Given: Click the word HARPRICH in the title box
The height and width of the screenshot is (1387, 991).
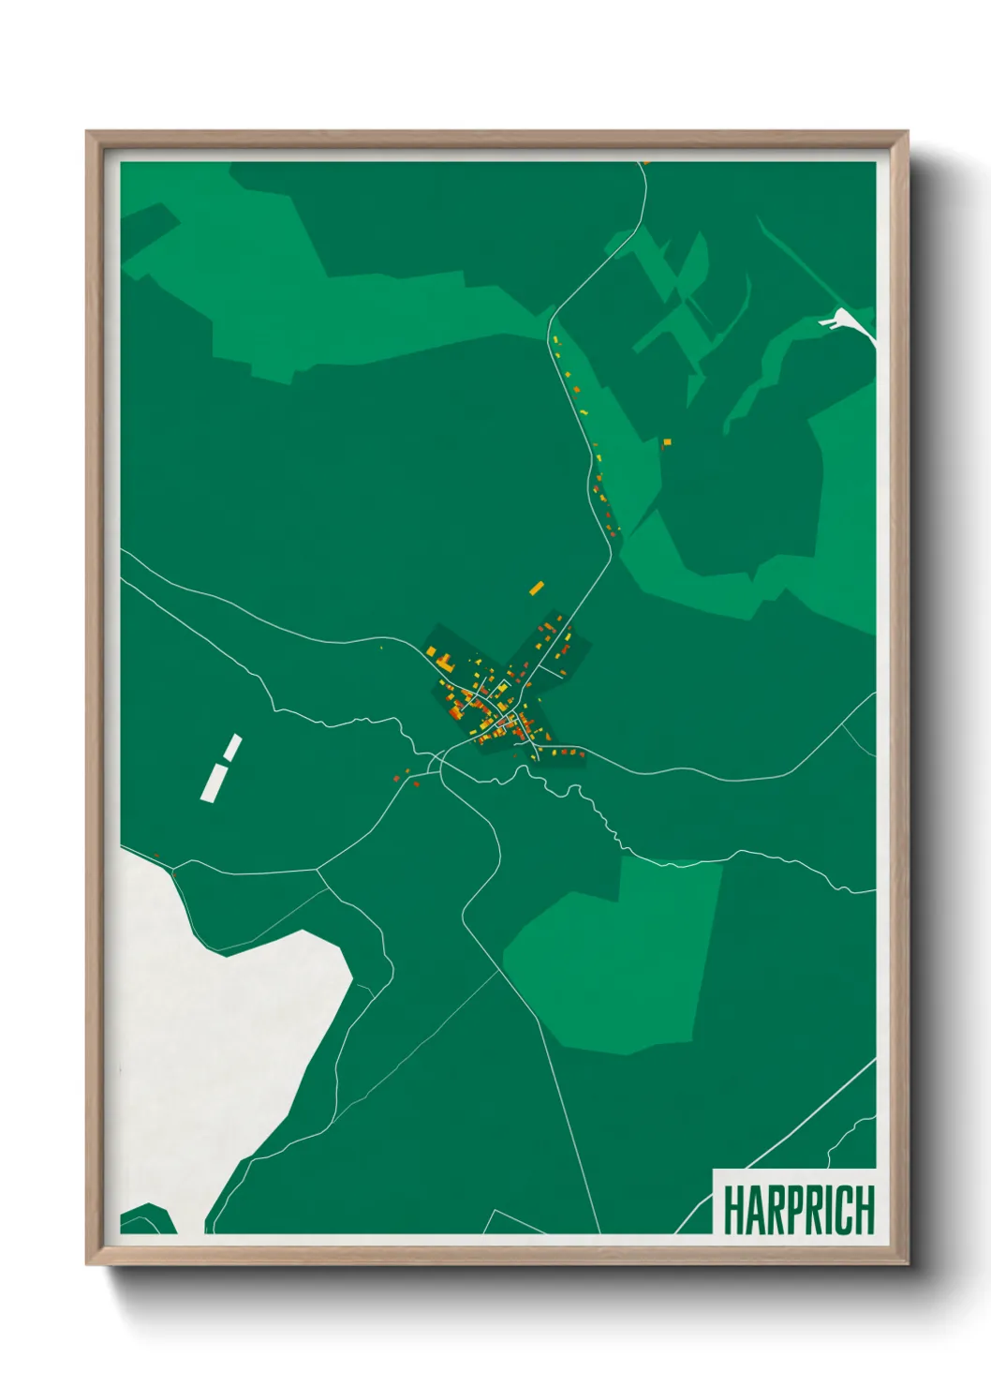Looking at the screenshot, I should click(x=798, y=1210).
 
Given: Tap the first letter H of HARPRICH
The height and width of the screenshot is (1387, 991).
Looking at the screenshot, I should click(x=732, y=1210).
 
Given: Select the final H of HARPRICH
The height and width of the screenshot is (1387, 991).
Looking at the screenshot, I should click(x=864, y=1210).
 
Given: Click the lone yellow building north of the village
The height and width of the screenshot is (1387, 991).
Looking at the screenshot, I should click(x=537, y=589).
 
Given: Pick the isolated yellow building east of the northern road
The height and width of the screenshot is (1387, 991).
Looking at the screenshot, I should click(x=667, y=441).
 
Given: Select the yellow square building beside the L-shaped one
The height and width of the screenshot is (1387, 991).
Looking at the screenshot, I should click(x=432, y=651).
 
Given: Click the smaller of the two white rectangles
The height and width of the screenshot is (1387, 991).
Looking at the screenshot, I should click(x=231, y=748).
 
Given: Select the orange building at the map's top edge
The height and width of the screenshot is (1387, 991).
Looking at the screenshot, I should click(x=646, y=163).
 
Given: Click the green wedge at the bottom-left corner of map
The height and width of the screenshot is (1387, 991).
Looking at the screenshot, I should click(x=145, y=1218).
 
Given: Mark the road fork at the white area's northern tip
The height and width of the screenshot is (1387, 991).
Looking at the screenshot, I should click(x=174, y=872).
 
